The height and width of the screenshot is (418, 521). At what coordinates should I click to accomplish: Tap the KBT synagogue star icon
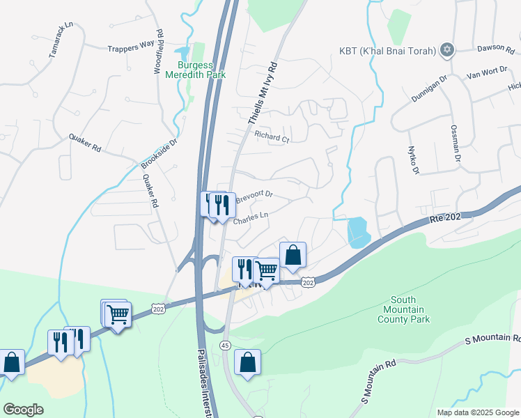click(x=447, y=50)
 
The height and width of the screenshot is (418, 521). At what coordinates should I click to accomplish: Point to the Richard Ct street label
click(x=272, y=137)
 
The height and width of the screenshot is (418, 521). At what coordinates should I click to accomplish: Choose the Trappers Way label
click(x=130, y=49)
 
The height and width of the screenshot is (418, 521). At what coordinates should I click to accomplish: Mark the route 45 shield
click(x=225, y=346)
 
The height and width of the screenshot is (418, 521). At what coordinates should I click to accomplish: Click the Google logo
click(x=23, y=410)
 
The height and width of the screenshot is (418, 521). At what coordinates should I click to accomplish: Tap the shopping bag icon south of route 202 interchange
click(x=247, y=362)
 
